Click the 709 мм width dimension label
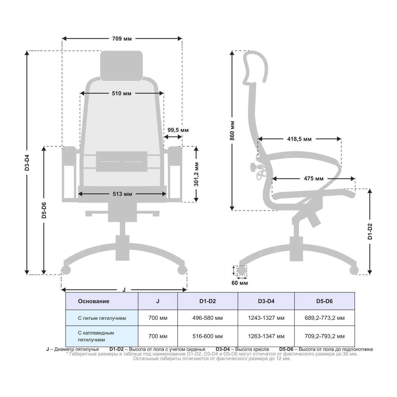[122, 39]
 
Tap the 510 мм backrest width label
[122, 94]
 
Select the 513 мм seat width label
[123, 194]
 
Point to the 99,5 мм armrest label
[178, 130]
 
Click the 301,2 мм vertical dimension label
[196, 174]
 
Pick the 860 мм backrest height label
[232, 131]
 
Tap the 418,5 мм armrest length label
[299, 139]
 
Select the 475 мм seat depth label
[314, 179]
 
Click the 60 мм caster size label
[240, 283]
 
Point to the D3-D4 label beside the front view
[27, 162]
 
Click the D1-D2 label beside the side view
[370, 231]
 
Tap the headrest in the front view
[122, 66]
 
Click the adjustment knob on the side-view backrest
[253, 167]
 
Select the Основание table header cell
[94, 301]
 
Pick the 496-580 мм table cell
[208, 318]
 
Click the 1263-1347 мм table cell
[266, 336]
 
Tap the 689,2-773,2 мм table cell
[325, 318]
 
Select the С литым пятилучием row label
[102, 318]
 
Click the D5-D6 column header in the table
[324, 301]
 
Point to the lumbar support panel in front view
[122, 162]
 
